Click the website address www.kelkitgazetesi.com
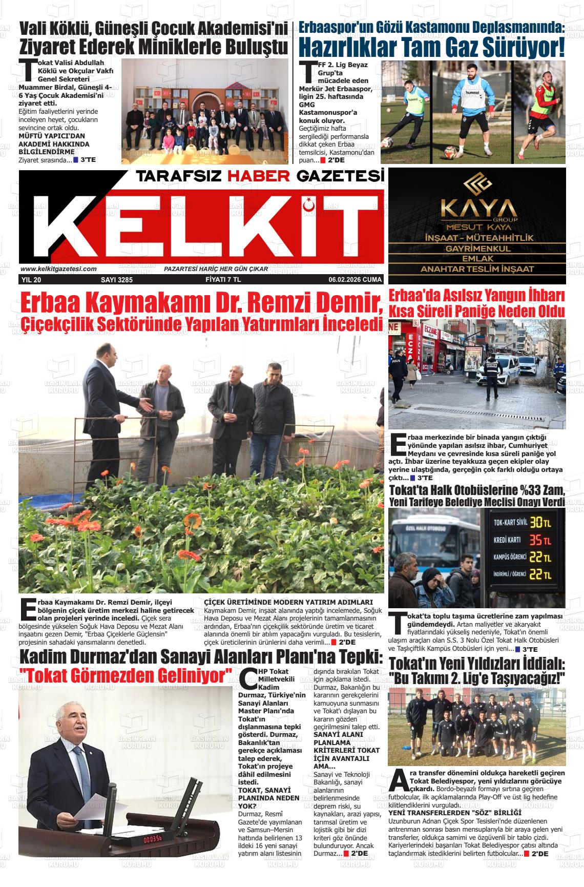pyautogui.click(x=58, y=269)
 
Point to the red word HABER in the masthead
pyautogui.click(x=259, y=177)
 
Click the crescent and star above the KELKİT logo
pyautogui.click(x=309, y=204)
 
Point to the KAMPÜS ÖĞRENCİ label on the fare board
pyautogui.click(x=510, y=558)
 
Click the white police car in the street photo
pyautogui.click(x=496, y=369)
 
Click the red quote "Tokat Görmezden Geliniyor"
pyautogui.click(x=126, y=676)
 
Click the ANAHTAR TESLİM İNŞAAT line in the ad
pyautogui.click(x=477, y=269)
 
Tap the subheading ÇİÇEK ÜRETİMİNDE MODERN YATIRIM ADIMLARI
pyautogui.click(x=288, y=602)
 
